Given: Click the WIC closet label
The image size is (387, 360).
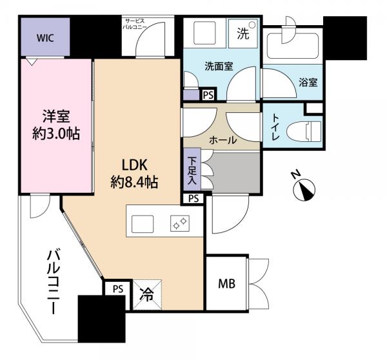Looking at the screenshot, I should [45, 37].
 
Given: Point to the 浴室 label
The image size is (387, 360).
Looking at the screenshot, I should [307, 83].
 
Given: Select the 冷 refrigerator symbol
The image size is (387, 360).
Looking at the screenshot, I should [147, 295].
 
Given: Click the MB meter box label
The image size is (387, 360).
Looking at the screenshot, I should [225, 283].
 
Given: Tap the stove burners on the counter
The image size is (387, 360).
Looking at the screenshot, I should [179, 223].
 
